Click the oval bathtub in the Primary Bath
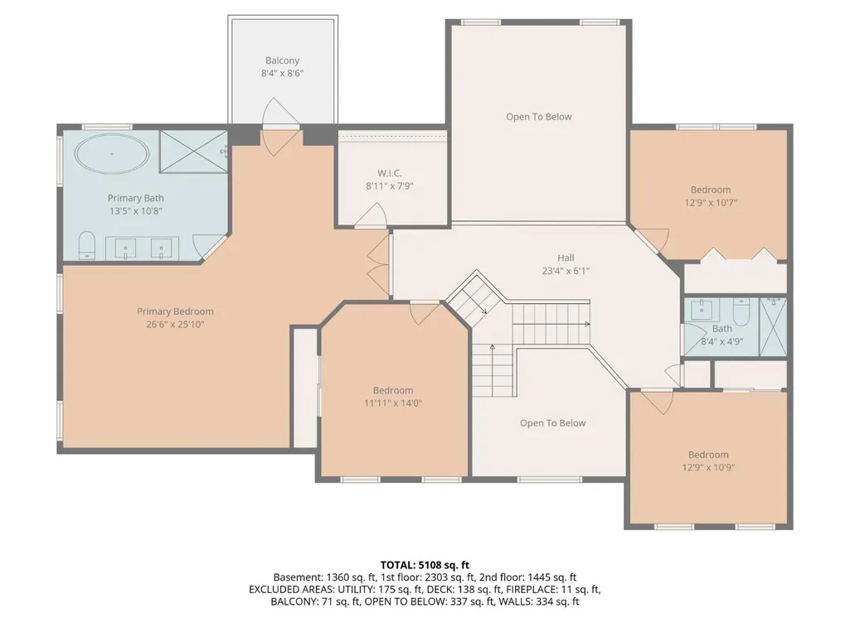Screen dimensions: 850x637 (x=112, y=154)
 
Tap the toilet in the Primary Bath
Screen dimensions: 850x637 (x=87, y=245)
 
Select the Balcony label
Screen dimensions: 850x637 (x=282, y=60)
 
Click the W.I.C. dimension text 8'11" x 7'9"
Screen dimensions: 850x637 (x=390, y=186)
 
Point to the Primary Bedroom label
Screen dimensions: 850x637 (x=175, y=311)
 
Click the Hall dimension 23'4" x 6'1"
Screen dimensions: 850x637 (x=566, y=271)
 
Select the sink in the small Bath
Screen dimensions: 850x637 (x=702, y=308)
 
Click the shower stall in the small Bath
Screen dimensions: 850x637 (x=773, y=326)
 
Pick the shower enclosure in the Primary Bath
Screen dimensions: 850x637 (x=193, y=151)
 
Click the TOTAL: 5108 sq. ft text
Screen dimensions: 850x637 (x=425, y=566)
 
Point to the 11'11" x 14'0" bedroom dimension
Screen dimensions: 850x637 (x=393, y=403)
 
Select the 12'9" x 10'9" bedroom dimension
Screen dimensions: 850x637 (x=708, y=467)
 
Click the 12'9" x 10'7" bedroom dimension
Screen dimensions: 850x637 (x=711, y=203)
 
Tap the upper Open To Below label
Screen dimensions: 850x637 (x=539, y=117)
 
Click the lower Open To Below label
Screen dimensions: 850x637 (x=553, y=423)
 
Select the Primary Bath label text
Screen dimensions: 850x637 (x=135, y=198)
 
